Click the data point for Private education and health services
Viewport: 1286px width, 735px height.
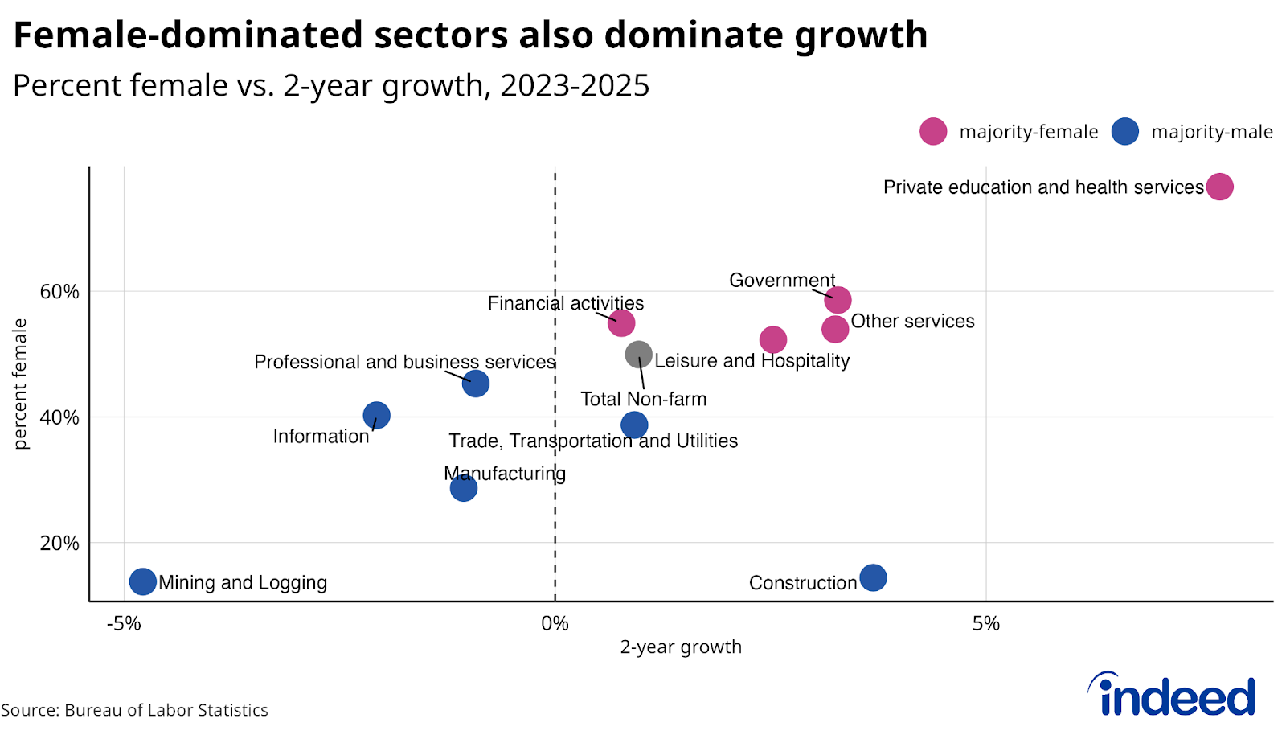point(1219,187)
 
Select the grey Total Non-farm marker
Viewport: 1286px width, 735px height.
point(638,354)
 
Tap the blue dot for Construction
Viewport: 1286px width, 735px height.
point(873,577)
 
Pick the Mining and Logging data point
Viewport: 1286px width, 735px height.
point(142,581)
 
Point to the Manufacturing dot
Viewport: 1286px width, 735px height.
point(463,487)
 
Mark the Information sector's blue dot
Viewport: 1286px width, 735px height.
point(376,415)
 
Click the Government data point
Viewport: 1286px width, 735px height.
point(838,300)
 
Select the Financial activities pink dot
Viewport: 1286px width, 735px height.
point(621,323)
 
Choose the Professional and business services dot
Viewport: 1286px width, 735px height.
point(476,384)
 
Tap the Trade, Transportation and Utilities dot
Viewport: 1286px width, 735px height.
point(634,425)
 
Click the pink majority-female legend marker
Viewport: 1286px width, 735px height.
point(933,131)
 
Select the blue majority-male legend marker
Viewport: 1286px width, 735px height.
point(1125,131)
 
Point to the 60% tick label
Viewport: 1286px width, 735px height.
point(59,291)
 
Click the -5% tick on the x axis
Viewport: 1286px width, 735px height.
point(124,623)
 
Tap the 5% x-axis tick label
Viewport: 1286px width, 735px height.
point(985,623)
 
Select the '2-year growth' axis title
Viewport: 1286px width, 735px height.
point(680,647)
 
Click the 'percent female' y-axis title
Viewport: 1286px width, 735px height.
point(20,384)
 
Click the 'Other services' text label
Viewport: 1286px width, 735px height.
point(912,321)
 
